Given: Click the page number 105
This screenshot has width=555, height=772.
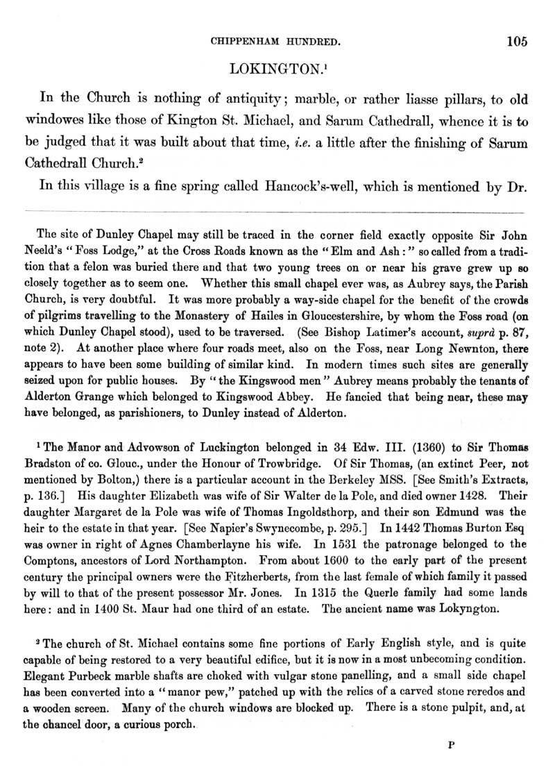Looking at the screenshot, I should [517, 41].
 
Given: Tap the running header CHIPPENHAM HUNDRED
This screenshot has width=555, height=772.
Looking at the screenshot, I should [275, 42].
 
